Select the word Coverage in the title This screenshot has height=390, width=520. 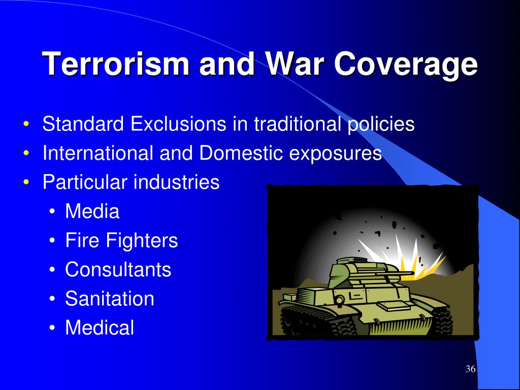point(406,65)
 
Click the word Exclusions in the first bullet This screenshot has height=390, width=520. point(178,124)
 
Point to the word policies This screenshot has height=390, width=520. point(381,124)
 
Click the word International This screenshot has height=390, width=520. point(98,153)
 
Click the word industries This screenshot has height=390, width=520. point(176,182)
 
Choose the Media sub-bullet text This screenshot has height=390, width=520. point(92,211)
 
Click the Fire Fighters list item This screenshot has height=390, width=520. point(121,240)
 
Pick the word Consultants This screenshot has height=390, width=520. point(118,269)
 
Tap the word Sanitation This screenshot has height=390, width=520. point(110,299)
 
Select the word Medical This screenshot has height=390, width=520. point(100,328)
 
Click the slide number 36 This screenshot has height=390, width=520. point(471,369)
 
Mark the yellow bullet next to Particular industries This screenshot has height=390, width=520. point(26,183)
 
